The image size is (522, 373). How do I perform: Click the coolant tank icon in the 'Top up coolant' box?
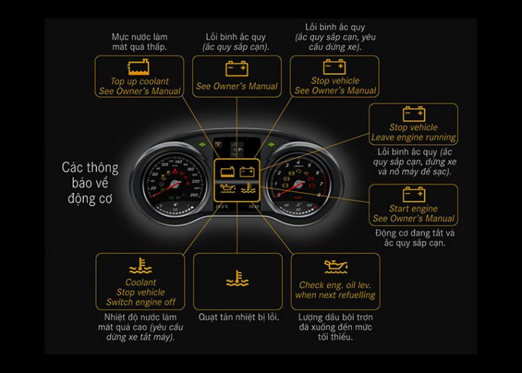(139, 68)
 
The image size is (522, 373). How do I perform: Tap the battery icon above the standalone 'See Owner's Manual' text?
(237, 68)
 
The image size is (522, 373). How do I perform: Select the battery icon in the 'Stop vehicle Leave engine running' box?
(413, 113)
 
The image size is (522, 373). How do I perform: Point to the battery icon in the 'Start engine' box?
(413, 194)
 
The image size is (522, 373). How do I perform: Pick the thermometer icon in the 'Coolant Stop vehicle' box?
(141, 267)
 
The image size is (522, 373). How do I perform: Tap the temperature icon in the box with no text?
(237, 280)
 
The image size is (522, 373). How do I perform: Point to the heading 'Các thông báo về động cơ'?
(90, 182)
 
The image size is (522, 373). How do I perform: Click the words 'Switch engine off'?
(141, 302)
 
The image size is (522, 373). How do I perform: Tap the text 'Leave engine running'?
(413, 137)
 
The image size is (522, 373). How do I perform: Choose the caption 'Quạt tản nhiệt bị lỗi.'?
(238, 317)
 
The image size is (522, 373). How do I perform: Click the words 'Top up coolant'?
(140, 81)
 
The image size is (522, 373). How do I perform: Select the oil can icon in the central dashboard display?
(227, 188)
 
